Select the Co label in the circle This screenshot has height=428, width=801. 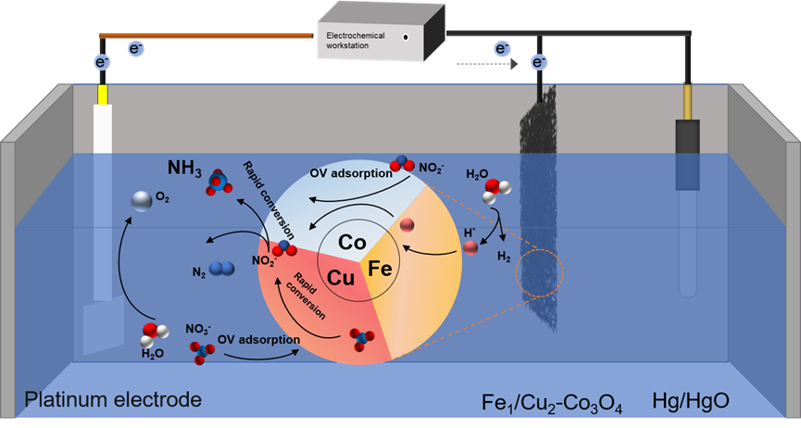click(x=352, y=243)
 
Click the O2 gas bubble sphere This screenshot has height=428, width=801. click(x=143, y=200)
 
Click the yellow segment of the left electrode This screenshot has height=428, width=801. click(x=101, y=94)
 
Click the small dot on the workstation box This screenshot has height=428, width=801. click(x=406, y=37)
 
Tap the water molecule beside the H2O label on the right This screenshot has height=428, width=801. click(x=495, y=189)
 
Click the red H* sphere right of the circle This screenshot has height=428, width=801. click(x=471, y=245)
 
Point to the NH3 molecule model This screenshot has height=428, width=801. click(x=219, y=183)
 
